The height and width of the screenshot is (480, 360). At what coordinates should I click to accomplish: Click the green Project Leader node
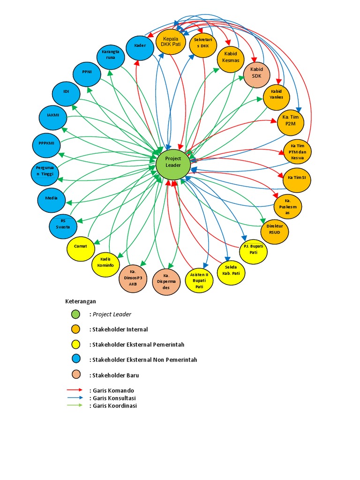point(173,165)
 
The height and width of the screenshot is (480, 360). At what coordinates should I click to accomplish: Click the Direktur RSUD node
point(274,229)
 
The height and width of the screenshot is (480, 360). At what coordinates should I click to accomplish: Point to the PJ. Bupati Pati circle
point(253,249)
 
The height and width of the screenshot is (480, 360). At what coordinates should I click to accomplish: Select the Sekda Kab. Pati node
point(231,270)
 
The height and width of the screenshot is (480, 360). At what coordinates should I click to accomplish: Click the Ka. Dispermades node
point(166,281)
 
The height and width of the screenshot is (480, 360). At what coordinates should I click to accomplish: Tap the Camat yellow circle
point(81,247)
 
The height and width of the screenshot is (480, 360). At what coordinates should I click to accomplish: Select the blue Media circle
point(51,198)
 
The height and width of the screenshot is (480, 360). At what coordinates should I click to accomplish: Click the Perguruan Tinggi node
point(45,171)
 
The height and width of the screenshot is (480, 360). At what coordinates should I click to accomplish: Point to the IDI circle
point(66,92)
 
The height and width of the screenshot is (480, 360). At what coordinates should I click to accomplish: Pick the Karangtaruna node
point(111,55)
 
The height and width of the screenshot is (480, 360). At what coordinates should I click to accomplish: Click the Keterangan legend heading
point(80,301)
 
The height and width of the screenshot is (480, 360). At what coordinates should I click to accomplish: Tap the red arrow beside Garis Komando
point(75,390)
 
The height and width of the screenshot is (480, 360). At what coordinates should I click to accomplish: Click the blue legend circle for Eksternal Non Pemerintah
point(75,360)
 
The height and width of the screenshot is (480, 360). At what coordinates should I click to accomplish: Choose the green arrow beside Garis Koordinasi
point(75,405)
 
